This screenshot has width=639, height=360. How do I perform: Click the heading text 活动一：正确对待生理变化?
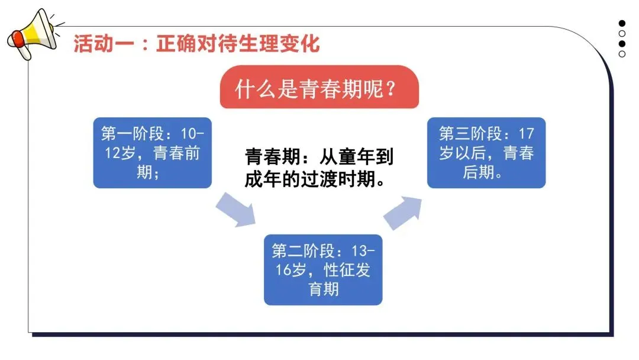tap(196, 44)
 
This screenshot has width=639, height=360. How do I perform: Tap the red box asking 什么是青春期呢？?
tap(319, 90)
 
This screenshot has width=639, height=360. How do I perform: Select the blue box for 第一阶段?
tap(152, 153)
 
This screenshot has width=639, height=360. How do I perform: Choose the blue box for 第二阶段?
tap(323, 269)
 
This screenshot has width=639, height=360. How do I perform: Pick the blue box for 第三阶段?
tap(486, 153)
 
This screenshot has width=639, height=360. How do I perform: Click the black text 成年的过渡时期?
tap(312, 179)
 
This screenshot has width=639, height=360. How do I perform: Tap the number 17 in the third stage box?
tap(525, 133)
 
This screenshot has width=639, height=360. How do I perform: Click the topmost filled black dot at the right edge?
tap(622, 24)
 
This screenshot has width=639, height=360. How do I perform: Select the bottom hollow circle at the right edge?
tap(622, 54)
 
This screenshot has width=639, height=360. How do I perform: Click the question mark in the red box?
tap(390, 90)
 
